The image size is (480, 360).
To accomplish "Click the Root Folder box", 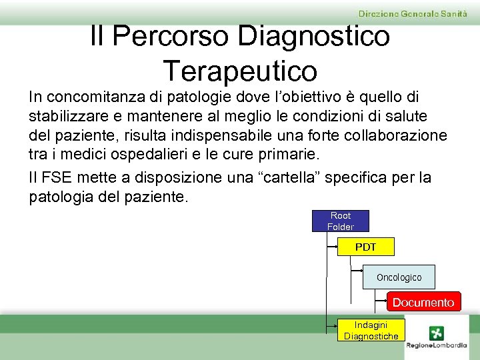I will (x=340, y=221).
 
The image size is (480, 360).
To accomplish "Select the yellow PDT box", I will (x=365, y=247).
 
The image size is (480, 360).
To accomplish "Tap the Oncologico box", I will (x=399, y=277).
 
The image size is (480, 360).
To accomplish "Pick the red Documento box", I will (x=423, y=302).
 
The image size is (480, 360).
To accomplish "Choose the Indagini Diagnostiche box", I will (x=371, y=330).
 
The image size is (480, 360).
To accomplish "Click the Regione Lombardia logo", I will (x=437, y=337).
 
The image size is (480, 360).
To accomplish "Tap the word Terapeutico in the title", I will (x=240, y=69).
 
